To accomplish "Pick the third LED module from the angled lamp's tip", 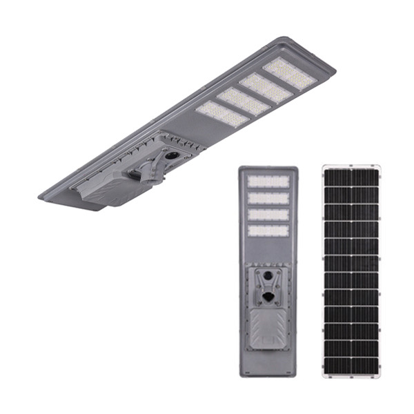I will coord(243,101).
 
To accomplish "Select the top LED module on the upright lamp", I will coord(268,181).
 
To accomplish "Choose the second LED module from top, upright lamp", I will coord(268,198).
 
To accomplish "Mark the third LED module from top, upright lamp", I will coord(268,215).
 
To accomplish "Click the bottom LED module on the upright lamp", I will coord(268,231).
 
